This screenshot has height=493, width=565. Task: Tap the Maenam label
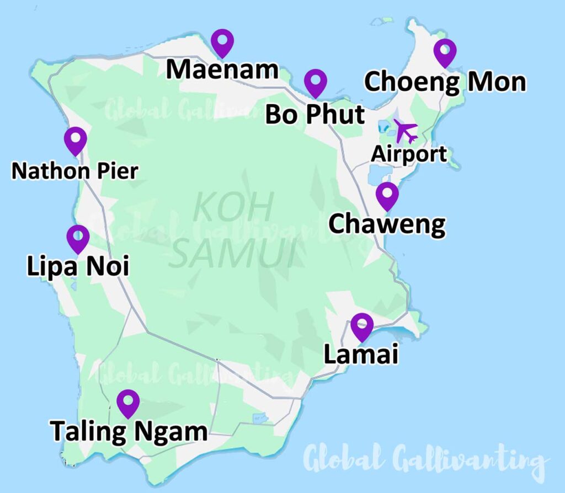[x=222, y=70]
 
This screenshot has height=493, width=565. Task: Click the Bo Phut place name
[x=315, y=114]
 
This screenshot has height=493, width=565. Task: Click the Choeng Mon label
[x=445, y=83]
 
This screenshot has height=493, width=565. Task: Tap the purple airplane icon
[x=406, y=131]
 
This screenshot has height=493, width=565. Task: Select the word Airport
[x=409, y=154]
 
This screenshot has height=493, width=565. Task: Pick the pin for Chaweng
[x=387, y=195]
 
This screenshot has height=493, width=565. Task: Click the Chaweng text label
[x=387, y=224]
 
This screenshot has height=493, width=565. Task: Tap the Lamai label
[x=361, y=355]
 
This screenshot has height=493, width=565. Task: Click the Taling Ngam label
[x=129, y=431]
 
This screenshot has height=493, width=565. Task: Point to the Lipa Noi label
[x=78, y=267]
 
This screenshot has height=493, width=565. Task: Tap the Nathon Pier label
[x=74, y=171]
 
